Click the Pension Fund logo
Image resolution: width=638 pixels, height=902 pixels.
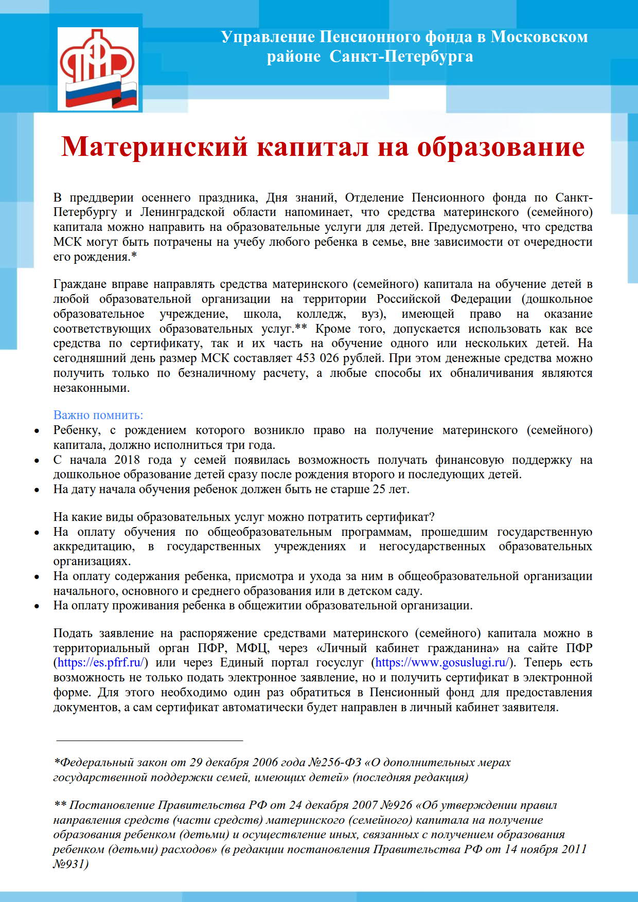[98, 68]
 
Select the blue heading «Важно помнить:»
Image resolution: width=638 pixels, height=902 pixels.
[98, 415]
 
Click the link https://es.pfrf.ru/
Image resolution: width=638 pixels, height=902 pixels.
[101, 662]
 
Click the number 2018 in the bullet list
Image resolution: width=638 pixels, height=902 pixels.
[127, 460]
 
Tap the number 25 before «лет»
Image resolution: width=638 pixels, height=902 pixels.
[379, 489]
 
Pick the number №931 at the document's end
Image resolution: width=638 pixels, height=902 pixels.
[70, 863]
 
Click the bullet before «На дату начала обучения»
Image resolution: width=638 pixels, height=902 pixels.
[37, 490]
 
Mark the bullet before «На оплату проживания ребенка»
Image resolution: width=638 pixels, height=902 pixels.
[37, 606]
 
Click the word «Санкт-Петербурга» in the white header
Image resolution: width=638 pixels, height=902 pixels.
[401, 56]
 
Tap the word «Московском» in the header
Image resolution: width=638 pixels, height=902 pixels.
[539, 37]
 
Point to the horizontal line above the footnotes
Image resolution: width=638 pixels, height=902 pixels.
[149, 741]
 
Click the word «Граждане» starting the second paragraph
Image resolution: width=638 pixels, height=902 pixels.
[80, 284]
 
